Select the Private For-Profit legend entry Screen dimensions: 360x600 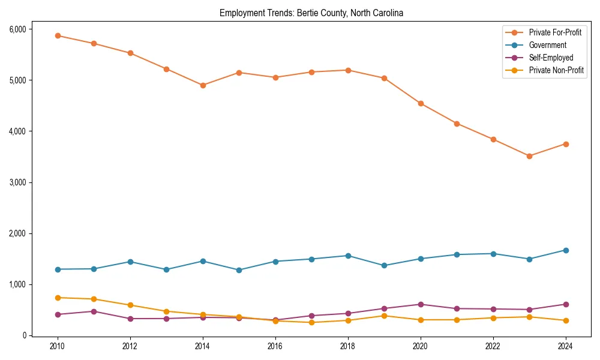click(555, 32)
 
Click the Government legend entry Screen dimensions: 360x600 click(547, 45)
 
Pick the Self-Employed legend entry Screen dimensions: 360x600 click(551, 58)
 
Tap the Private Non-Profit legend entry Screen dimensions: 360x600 click(556, 70)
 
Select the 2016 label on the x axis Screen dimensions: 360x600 click(275, 346)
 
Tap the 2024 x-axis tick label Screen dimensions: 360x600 click(565, 346)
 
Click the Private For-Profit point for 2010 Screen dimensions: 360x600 click(58, 35)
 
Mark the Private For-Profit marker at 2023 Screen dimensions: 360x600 click(529, 156)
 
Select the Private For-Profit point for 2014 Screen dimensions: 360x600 click(203, 85)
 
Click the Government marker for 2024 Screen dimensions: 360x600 click(565, 250)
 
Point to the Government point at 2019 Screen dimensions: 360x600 click(384, 265)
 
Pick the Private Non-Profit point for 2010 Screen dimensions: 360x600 click(58, 298)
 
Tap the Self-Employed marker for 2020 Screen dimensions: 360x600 click(421, 304)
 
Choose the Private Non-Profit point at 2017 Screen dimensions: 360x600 click(311, 322)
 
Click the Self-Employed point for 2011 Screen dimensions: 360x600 click(94, 311)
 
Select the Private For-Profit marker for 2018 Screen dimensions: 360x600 click(348, 70)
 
